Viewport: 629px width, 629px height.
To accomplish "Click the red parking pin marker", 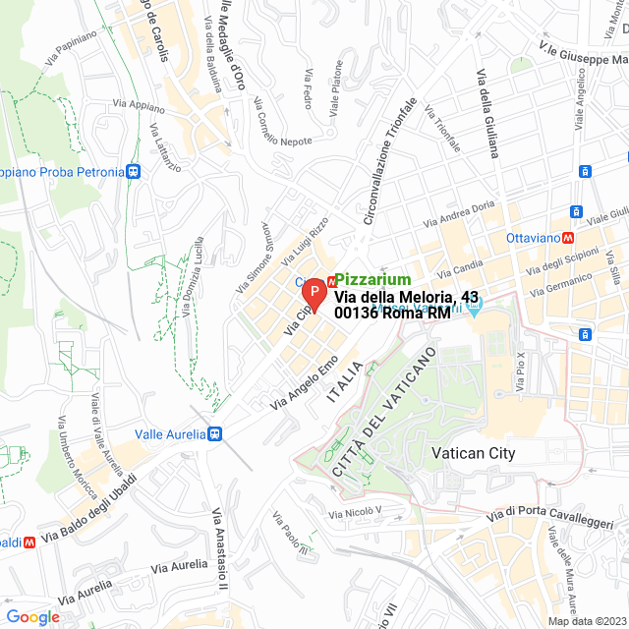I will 313,294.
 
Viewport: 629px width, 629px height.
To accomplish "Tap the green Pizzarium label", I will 372,280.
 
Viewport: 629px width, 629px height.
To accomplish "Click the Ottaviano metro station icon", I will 568,238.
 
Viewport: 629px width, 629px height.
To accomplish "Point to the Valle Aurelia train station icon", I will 214,433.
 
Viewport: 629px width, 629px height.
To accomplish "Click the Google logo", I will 32,616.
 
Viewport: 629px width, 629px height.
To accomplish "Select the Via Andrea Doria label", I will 459,216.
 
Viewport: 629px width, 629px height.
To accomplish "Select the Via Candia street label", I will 459,267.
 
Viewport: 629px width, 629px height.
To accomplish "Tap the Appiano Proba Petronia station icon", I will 135,172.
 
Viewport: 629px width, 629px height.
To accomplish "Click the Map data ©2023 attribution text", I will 587,620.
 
